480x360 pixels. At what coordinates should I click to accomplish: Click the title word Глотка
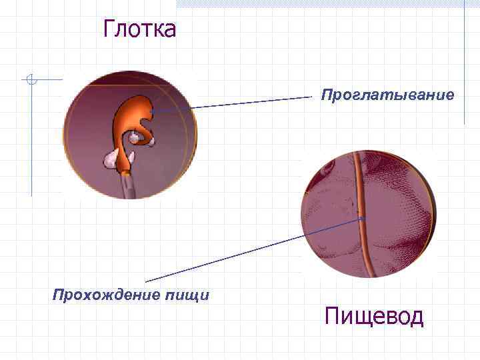tap(139, 29)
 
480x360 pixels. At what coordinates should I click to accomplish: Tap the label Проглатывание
tap(387, 95)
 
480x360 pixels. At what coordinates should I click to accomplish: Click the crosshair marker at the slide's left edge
tap(30, 81)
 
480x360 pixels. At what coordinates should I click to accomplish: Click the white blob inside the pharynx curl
tap(137, 137)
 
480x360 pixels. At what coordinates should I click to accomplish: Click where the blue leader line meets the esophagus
tap(363, 217)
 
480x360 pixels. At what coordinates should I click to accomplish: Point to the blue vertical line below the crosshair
tap(31, 147)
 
